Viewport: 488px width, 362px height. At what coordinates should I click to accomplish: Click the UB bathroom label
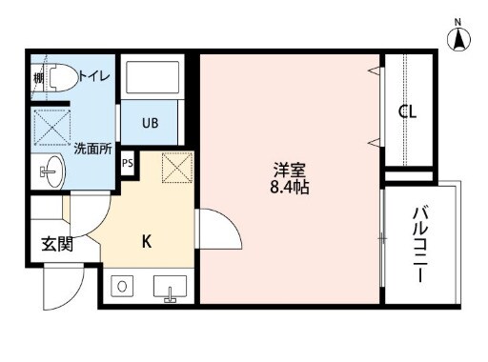(x=152, y=123)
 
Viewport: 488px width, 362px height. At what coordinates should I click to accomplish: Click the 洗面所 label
(x=92, y=148)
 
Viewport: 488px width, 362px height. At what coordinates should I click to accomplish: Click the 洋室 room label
(x=290, y=170)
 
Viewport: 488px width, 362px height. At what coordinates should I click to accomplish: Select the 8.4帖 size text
(x=290, y=189)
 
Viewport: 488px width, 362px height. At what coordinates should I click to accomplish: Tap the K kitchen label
(x=147, y=241)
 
